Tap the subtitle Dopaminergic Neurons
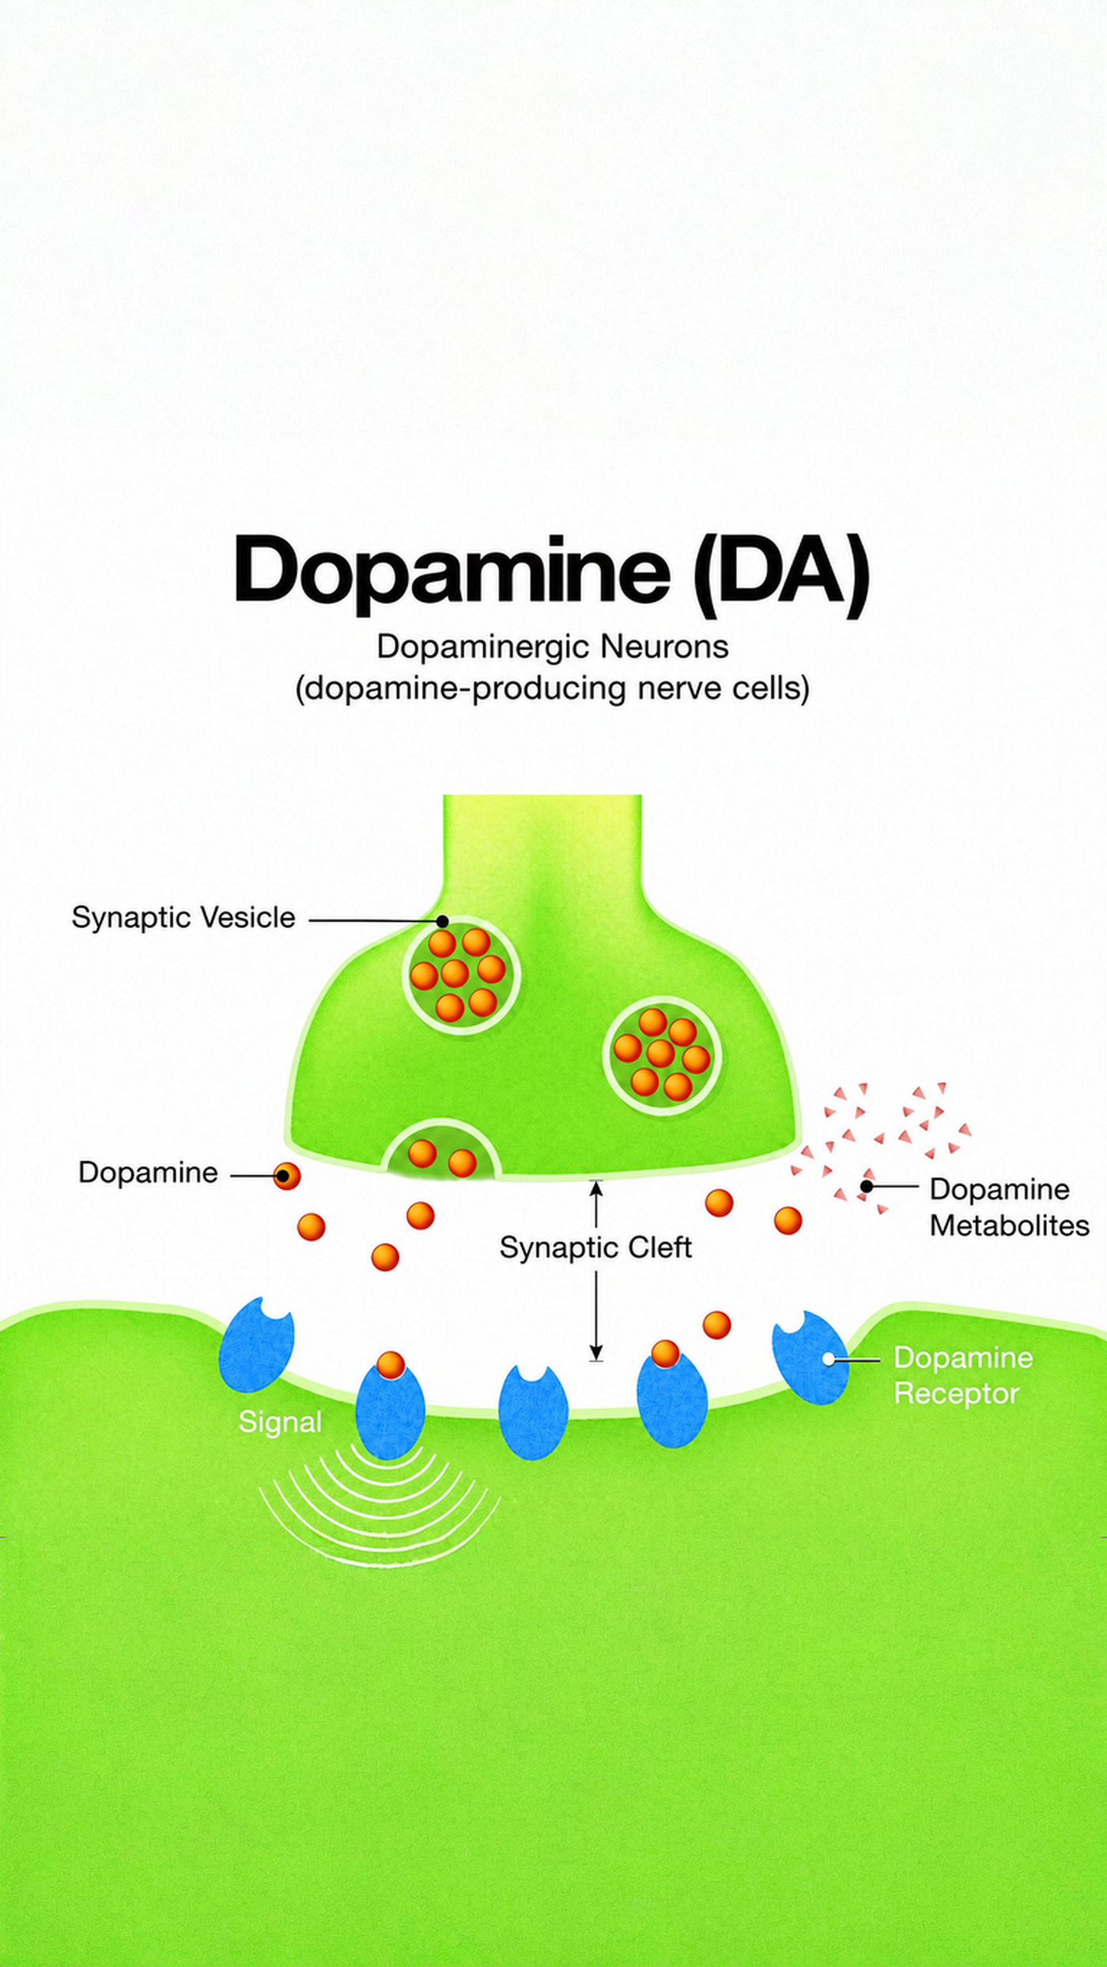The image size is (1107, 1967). [552, 647]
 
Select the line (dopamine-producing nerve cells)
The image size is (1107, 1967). [552, 688]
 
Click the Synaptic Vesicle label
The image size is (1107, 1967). [183, 918]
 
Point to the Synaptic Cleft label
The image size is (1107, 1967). [595, 1248]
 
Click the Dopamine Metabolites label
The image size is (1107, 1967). [1009, 1207]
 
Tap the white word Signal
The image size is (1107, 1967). [280, 1422]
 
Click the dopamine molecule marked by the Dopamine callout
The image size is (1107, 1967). [286, 1176]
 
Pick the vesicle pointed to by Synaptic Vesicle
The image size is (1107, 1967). [461, 975]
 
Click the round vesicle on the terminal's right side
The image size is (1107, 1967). [662, 1055]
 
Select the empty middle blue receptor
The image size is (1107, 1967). [533, 1411]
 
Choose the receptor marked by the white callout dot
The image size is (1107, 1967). [810, 1358]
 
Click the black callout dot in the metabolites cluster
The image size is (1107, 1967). [867, 1187]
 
